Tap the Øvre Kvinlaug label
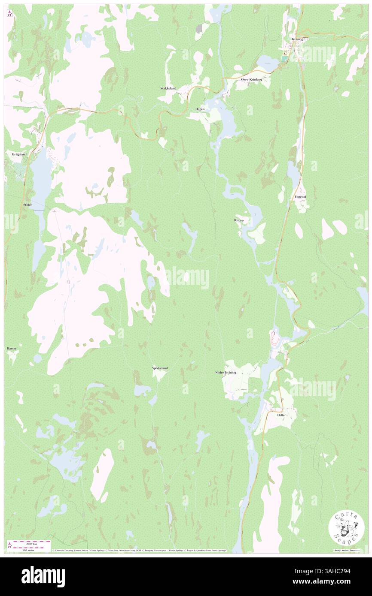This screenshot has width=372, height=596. [x=251, y=79]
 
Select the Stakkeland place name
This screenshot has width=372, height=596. [x=168, y=88]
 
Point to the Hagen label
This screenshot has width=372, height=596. [x=200, y=109]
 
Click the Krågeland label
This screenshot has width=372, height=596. [x=16, y=154]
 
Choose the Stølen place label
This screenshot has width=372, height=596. [x=27, y=205]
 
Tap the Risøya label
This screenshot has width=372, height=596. [x=239, y=220]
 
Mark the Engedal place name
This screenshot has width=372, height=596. [x=300, y=196]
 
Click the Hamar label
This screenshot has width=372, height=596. [x=12, y=349]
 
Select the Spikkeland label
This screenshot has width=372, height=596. [x=159, y=368]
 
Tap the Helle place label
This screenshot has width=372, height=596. [x=281, y=415]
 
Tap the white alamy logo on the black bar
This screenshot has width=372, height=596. [x=43, y=577]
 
